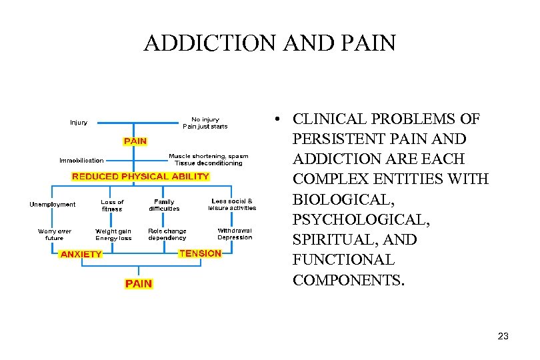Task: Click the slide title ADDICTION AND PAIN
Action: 269,43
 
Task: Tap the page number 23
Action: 503,336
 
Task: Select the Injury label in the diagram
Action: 79,123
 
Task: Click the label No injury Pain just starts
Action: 205,123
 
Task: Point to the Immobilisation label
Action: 81,160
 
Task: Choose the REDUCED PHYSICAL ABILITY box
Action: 140,177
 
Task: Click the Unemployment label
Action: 53,205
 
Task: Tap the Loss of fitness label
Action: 112,205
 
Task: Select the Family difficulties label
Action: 164,205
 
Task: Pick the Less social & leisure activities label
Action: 232,205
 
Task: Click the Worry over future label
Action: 55,235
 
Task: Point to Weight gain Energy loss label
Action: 113,235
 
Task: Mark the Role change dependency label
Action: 167,235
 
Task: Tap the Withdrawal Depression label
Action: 235,234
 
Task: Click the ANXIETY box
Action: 81,254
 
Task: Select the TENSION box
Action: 200,253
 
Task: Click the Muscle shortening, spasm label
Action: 208,157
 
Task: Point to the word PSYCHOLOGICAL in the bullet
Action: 355,219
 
